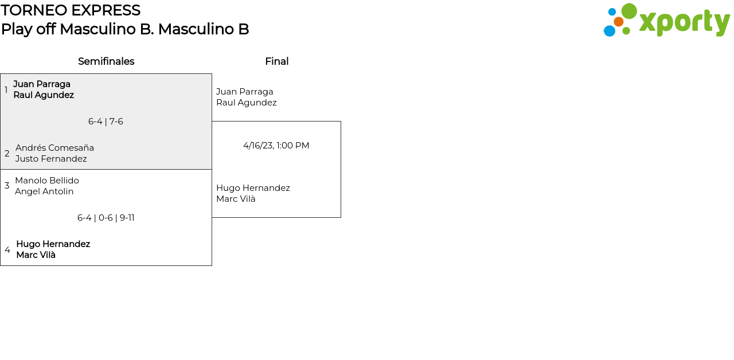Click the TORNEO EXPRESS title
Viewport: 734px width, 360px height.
tap(71, 10)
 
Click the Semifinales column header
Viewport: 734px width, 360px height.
tap(106, 61)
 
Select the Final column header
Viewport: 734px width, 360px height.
tap(276, 61)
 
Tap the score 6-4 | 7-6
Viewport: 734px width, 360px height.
tap(106, 122)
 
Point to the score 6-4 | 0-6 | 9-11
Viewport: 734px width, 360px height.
tap(106, 218)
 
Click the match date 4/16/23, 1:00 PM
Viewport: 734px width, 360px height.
tap(276, 146)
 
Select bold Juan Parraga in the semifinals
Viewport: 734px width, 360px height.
tap(42, 84)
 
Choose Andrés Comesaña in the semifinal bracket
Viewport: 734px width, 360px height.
tap(54, 148)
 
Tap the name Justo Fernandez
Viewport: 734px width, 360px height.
tap(51, 159)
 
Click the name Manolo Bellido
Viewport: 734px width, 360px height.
tap(47, 181)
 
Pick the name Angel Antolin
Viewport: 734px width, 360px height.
tap(44, 191)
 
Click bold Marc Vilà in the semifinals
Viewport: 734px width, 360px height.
tap(36, 255)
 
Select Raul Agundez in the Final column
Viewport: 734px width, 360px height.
tap(246, 103)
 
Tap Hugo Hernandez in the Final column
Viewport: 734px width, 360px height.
tap(253, 188)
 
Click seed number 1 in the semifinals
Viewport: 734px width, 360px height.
tap(6, 90)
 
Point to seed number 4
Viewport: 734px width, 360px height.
tap(7, 250)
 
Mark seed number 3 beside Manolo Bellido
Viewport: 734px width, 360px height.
tap(7, 186)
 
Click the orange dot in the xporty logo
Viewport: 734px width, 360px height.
tap(618, 22)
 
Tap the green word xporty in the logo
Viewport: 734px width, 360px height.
tap(684, 23)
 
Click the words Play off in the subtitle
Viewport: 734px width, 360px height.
tap(28, 29)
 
